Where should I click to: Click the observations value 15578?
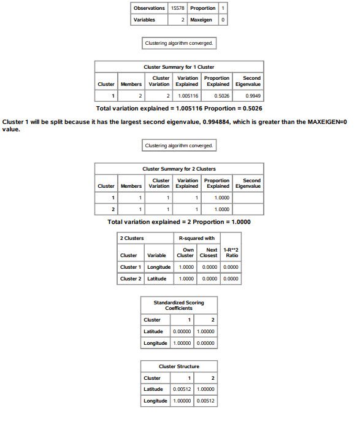pos(177,8)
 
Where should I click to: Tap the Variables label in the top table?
pos(145,20)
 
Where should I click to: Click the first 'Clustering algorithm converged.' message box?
pos(178,44)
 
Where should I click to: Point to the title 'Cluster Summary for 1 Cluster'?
pos(178,66)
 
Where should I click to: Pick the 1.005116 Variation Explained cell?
pos(187,96)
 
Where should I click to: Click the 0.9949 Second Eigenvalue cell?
pos(252,96)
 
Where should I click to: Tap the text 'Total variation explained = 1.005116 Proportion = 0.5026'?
pos(179,109)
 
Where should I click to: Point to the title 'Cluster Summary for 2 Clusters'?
pos(178,169)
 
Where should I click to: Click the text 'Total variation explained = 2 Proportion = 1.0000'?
pos(179,222)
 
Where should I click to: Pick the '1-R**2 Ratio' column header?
pos(232,252)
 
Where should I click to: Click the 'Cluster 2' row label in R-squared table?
pos(129,279)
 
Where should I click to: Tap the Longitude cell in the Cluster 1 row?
pos(159,267)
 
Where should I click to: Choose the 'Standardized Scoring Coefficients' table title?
pos(178,305)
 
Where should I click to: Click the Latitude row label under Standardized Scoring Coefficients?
pos(153,331)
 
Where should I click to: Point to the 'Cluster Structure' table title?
pos(178,366)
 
